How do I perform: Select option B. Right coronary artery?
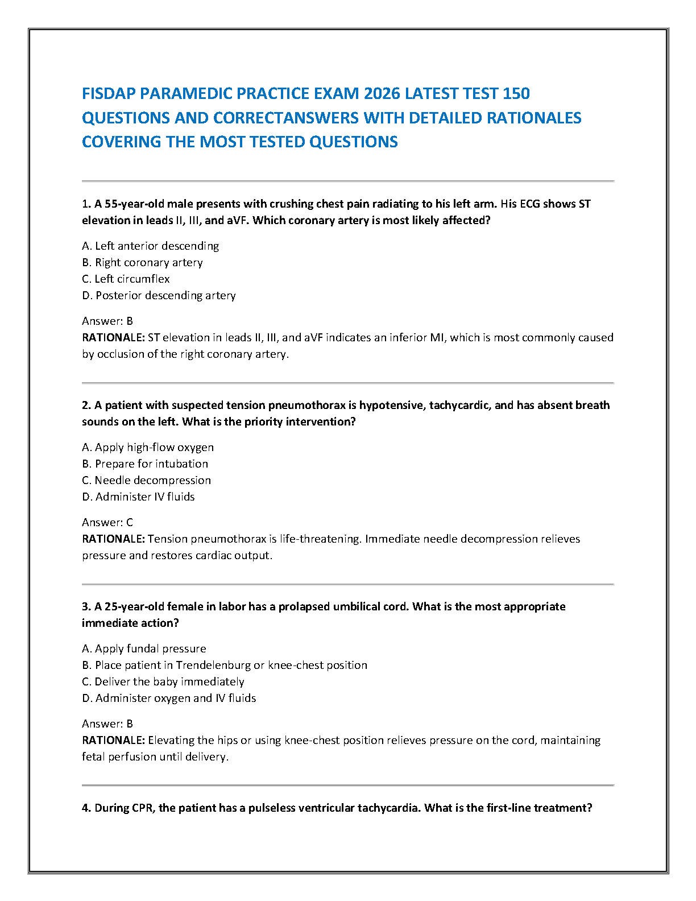pyautogui.click(x=142, y=262)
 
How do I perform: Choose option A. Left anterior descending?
pyautogui.click(x=150, y=246)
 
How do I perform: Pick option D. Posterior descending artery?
pyautogui.click(x=159, y=295)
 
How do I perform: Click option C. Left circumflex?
pyautogui.click(x=126, y=279)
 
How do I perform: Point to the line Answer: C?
pyautogui.click(x=107, y=522)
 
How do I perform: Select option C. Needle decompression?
pyautogui.click(x=146, y=480)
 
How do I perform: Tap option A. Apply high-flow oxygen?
pyautogui.click(x=148, y=447)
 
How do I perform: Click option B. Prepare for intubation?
pyautogui.click(x=145, y=464)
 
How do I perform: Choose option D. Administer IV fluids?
pyautogui.click(x=138, y=497)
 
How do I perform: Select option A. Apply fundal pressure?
pyautogui.click(x=144, y=648)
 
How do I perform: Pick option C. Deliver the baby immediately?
pyautogui.click(x=163, y=681)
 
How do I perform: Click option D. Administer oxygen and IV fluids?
pyautogui.click(x=169, y=698)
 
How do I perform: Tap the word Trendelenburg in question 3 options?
pyautogui.click(x=213, y=665)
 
